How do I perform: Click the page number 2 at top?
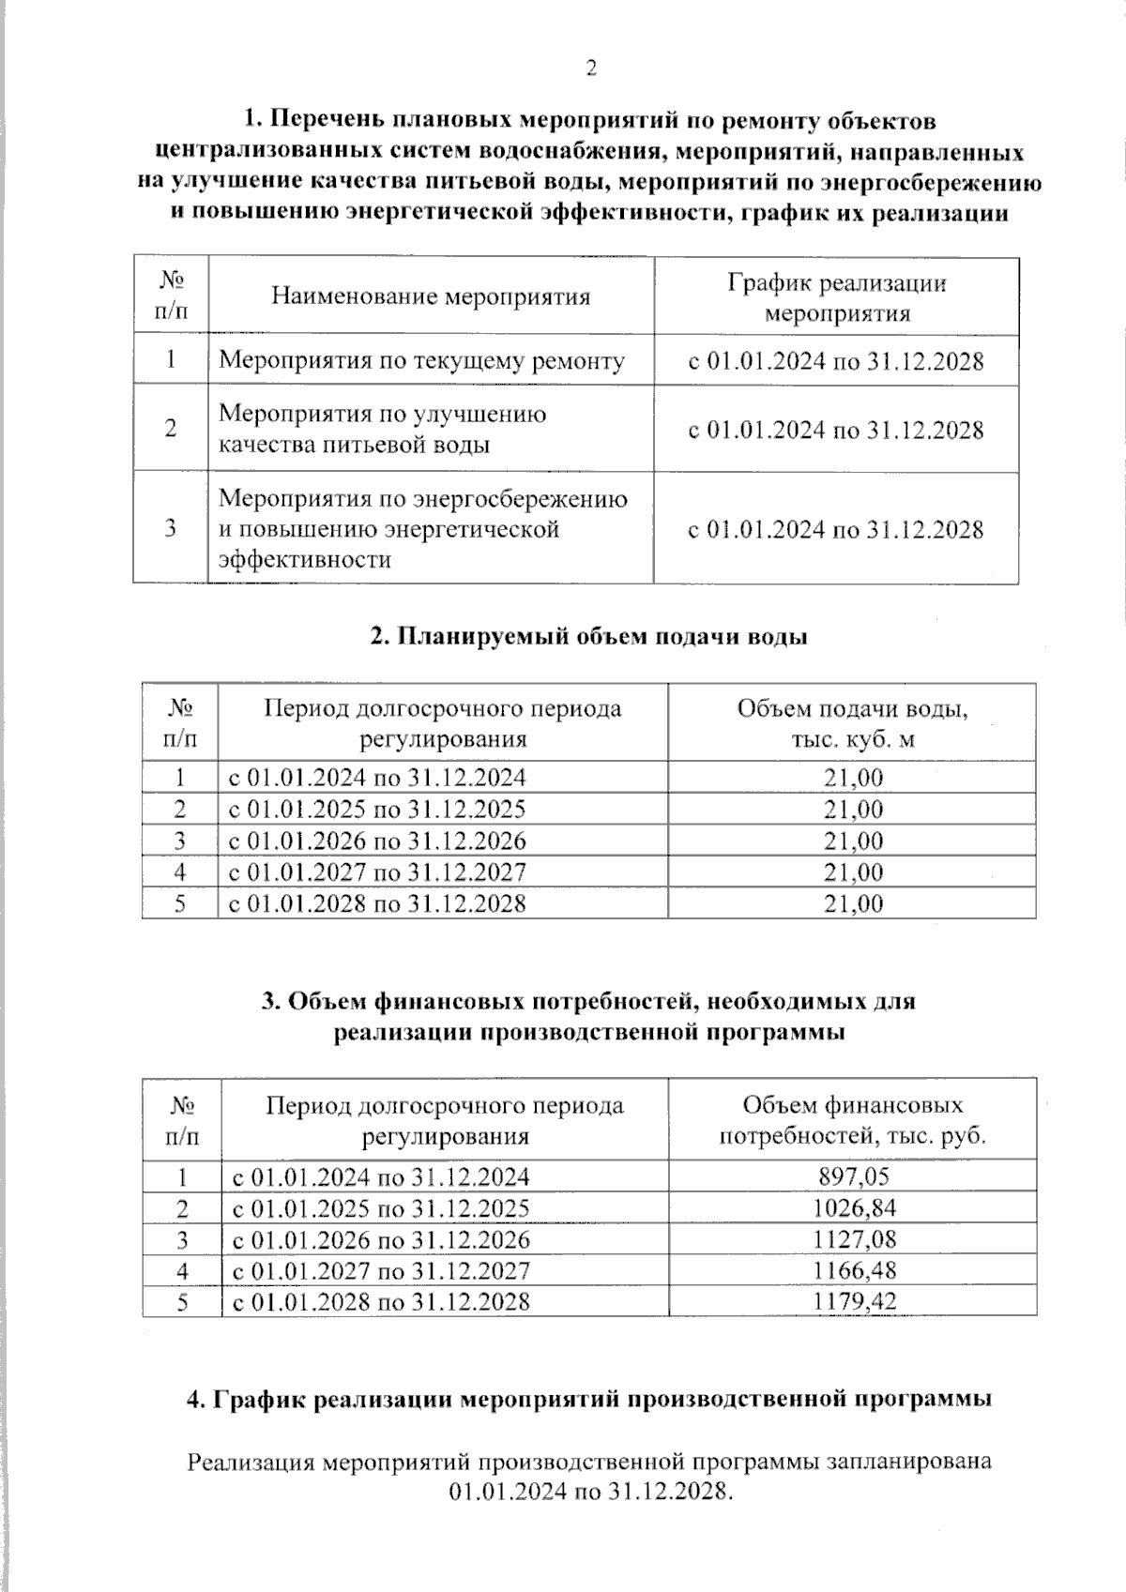[590, 68]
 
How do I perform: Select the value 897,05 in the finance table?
[853, 1176]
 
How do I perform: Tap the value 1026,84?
[853, 1207]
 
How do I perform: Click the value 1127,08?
[853, 1239]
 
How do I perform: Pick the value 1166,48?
[853, 1270]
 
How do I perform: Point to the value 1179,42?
[853, 1301]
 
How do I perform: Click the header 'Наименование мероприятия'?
[431, 297]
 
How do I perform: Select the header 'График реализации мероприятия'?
[837, 297]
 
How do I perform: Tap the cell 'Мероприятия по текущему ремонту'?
[421, 361]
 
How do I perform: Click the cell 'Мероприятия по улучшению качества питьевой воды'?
[383, 429]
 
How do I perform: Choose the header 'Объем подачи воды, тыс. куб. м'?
[852, 722]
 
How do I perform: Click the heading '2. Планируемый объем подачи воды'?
[589, 636]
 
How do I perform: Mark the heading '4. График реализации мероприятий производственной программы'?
[589, 1399]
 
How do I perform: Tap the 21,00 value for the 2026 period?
[853, 841]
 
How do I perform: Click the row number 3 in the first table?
[171, 528]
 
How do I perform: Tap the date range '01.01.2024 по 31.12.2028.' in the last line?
[589, 1492]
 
